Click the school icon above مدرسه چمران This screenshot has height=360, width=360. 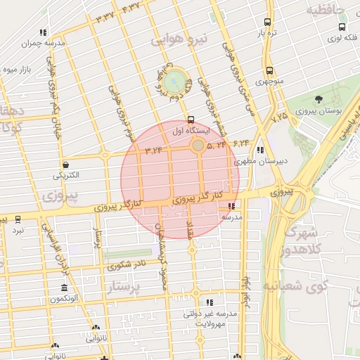[x=44, y=32]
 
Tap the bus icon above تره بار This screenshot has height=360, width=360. [x=267, y=22]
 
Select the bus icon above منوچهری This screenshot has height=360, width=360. [x=269, y=70]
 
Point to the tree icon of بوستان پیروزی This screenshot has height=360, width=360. [x=319, y=99]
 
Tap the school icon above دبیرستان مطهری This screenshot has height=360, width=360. [x=261, y=150]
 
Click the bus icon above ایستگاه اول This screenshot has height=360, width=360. [x=191, y=120]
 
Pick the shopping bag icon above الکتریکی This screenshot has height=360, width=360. [x=65, y=164]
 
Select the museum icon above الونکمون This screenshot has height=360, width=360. [x=64, y=288]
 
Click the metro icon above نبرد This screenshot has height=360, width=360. [x=18, y=219]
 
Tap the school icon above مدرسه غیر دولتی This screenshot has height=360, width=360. [x=210, y=302]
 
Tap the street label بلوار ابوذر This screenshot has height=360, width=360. [x=245, y=295]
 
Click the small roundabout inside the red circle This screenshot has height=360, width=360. [x=198, y=145]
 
